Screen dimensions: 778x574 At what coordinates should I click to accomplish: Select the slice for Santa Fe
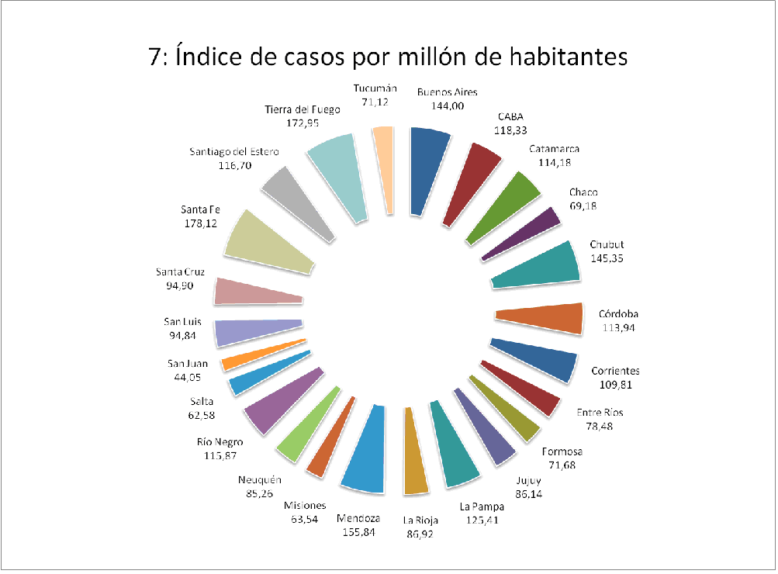tap(268, 243)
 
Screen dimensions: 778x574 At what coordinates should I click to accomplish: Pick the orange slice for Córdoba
tap(541, 317)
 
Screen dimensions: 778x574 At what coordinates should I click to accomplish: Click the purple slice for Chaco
tap(522, 233)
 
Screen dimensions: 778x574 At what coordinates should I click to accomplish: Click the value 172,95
tap(303, 123)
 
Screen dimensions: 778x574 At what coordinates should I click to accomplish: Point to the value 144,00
tap(448, 105)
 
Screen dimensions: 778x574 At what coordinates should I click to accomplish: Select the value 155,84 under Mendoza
tap(358, 532)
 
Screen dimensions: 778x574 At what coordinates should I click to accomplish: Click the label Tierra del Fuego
tap(303, 109)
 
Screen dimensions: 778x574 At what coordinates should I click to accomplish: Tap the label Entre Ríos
tap(600, 412)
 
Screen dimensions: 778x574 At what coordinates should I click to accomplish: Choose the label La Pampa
tap(482, 507)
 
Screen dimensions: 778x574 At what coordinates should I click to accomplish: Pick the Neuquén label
tap(260, 479)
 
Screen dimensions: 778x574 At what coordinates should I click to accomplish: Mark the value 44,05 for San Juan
tap(187, 378)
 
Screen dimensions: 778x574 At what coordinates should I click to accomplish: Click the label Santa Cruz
tap(180, 271)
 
